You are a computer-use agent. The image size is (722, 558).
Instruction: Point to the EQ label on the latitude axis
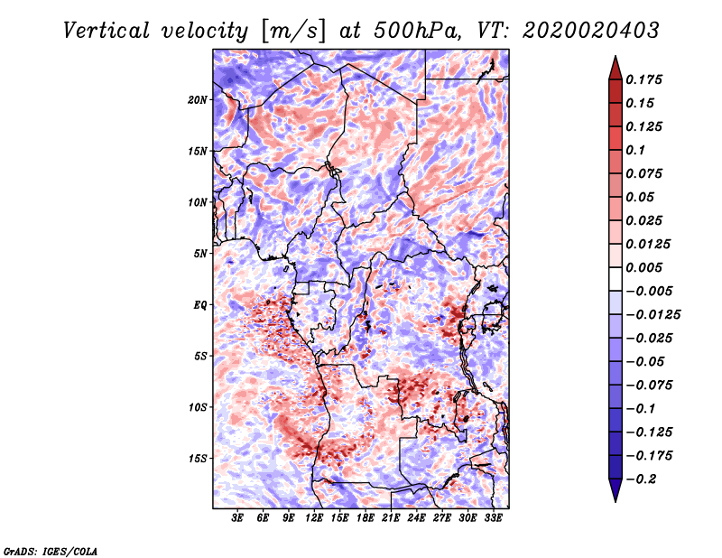(200, 305)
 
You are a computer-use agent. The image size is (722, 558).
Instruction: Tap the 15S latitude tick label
(199, 459)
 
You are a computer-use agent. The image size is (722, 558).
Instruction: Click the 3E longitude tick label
(238, 518)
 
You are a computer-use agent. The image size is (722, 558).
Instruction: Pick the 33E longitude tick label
(493, 518)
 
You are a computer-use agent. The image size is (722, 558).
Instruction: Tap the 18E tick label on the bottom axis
(366, 518)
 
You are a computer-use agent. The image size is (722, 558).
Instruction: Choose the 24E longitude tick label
(417, 518)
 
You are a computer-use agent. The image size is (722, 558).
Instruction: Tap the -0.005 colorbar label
(652, 291)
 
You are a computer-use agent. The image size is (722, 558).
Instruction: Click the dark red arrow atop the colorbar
(614, 66)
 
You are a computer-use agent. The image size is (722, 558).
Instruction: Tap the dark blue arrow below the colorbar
(614, 491)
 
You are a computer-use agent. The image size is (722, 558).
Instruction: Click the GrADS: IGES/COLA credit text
(51, 550)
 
